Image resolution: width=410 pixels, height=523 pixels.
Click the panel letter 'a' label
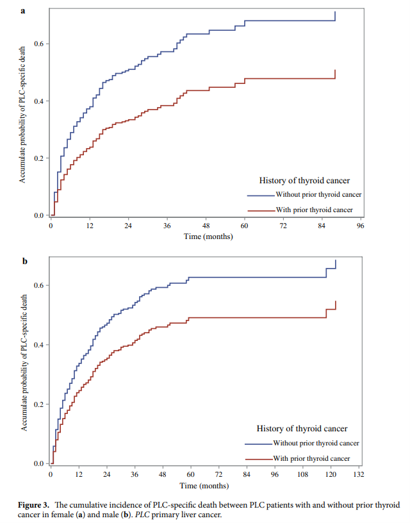pyautogui.click(x=24, y=11)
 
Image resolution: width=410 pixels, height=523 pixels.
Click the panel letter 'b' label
pyautogui.click(x=24, y=261)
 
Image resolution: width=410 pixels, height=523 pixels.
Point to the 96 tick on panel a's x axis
pyautogui.click(x=361, y=226)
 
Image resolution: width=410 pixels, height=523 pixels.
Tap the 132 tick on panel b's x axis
pyautogui.click(x=359, y=474)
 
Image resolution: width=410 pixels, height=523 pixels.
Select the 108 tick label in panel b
pyautogui.click(x=302, y=474)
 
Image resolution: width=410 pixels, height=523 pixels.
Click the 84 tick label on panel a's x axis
pyautogui.click(x=322, y=226)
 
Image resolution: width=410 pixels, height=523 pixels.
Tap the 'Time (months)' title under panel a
pyautogui.click(x=208, y=237)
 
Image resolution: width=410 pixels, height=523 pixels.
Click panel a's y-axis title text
pyautogui.click(x=22, y=115)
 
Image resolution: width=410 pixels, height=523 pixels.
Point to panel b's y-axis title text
pyautogui.click(x=24, y=363)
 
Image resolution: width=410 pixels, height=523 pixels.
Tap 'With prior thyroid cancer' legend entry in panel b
pyautogui.click(x=311, y=458)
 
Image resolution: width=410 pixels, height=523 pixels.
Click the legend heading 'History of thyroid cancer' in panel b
pyautogui.click(x=302, y=428)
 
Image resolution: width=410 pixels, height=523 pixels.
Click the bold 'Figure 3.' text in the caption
pyautogui.click(x=36, y=505)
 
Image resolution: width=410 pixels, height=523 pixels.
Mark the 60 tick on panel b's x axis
pyautogui.click(x=190, y=474)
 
